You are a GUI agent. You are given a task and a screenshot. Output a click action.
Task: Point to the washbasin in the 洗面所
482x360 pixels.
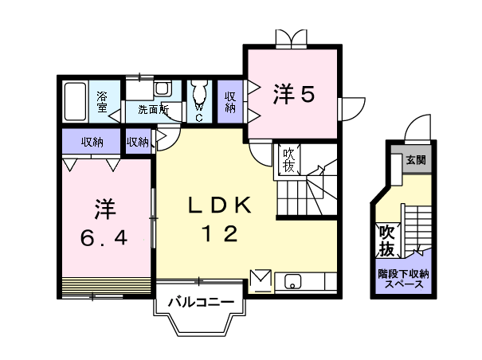point(162,88)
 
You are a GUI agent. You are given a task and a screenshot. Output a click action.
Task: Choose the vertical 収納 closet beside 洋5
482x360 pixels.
point(230,101)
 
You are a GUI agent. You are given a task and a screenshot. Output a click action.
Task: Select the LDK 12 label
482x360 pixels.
point(219,220)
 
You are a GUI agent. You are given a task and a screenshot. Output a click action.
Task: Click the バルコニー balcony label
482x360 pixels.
point(200,303)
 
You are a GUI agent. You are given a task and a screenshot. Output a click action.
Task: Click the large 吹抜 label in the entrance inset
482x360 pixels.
point(386,241)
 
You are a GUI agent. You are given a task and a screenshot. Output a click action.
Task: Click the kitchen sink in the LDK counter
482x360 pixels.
point(292,281)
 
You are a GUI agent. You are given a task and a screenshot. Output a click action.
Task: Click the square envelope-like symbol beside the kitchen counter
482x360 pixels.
point(261,280)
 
